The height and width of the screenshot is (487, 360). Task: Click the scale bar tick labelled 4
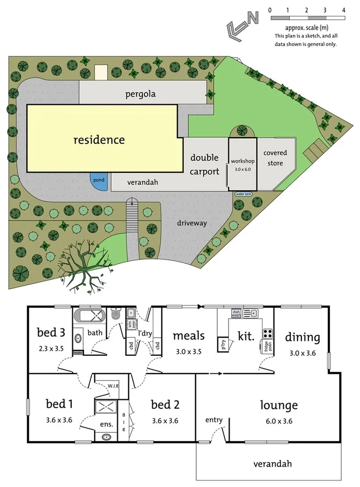pyautogui.click(x=343, y=10)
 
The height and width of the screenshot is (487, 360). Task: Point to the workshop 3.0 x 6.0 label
pyautogui.click(x=242, y=165)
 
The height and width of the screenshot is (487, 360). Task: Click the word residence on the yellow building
pyautogui.click(x=99, y=140)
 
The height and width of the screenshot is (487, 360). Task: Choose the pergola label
pyautogui.click(x=140, y=94)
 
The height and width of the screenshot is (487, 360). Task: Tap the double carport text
pyautogui.click(x=205, y=165)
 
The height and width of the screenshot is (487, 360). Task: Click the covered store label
pyautogui.click(x=275, y=158)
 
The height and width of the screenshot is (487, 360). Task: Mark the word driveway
pyautogui.click(x=192, y=223)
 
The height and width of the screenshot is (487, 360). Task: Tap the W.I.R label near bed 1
pyautogui.click(x=112, y=386)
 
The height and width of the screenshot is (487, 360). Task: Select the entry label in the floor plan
pyautogui.click(x=214, y=420)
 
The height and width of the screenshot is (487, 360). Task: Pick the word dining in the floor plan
pyautogui.click(x=302, y=337)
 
